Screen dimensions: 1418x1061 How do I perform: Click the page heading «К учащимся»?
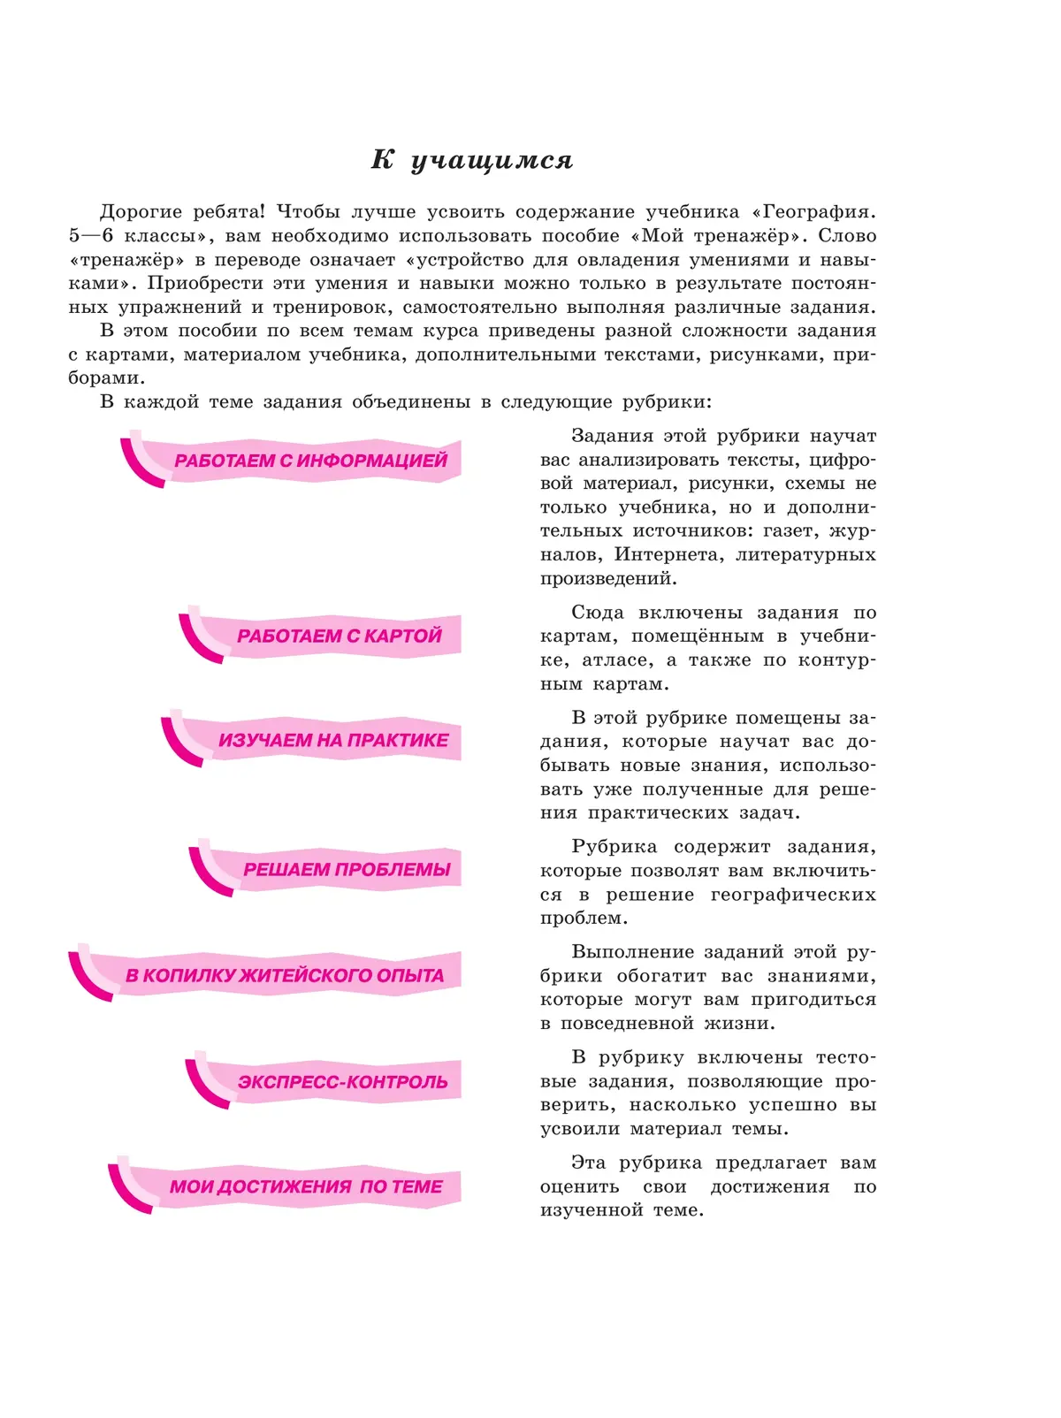click(472, 160)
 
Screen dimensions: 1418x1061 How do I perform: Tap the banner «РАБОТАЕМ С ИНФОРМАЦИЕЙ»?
click(310, 461)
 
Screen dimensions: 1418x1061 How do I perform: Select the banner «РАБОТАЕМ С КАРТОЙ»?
click(339, 636)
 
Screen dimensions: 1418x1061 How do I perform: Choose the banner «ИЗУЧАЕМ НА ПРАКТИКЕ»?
click(333, 741)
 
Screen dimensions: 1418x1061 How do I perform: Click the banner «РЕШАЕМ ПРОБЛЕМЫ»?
click(347, 870)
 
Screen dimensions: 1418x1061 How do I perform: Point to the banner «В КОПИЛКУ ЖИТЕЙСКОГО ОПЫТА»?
click(284, 976)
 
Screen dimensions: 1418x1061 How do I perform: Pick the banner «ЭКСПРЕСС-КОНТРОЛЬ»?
click(342, 1082)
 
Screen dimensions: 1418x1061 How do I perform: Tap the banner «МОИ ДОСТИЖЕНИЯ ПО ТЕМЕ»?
click(306, 1186)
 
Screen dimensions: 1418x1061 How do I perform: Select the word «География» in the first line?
click(817, 212)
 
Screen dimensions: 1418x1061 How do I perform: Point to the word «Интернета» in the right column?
click(667, 555)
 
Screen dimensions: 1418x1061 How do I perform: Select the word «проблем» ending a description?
click(584, 919)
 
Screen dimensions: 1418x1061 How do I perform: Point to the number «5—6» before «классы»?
click(91, 236)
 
